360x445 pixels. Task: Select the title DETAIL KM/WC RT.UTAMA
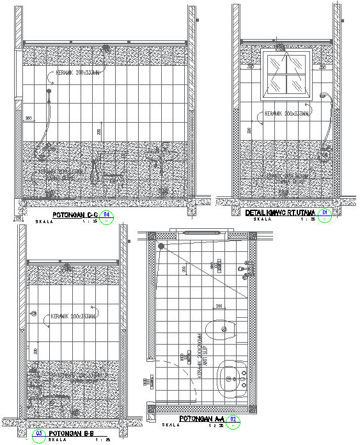pyautogui.click(x=282, y=212)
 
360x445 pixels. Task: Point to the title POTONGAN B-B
pyautogui.click(x=72, y=433)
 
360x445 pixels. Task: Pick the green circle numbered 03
pyautogui.click(x=40, y=433)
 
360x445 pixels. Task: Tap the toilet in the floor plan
pyautogui.click(x=225, y=331)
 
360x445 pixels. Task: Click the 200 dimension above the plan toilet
pyautogui.click(x=219, y=306)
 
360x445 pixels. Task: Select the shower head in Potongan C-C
pyautogui.click(x=48, y=93)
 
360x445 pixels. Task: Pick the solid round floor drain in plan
pyautogui.click(x=161, y=246)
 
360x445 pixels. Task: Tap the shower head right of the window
pyautogui.click(x=323, y=97)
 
